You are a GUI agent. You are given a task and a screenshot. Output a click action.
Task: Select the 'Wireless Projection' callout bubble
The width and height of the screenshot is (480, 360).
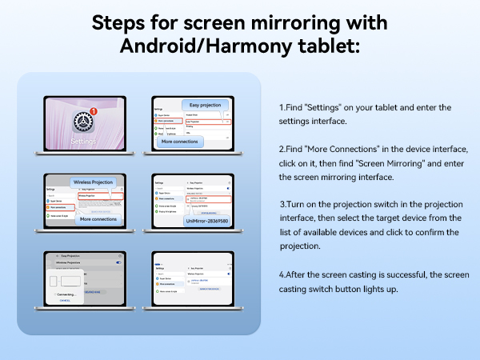(x=94, y=182)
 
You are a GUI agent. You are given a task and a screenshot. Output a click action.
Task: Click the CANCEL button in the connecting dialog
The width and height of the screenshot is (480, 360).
(x=65, y=300)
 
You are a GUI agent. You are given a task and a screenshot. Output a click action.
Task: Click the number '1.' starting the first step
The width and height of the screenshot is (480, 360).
(x=282, y=107)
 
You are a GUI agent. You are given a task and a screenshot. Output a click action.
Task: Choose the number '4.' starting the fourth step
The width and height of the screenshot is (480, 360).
(x=282, y=274)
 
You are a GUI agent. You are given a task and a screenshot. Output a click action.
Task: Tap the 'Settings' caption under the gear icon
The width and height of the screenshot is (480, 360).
(x=83, y=142)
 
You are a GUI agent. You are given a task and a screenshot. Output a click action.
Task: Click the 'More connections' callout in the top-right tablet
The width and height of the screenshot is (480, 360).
(x=179, y=141)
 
